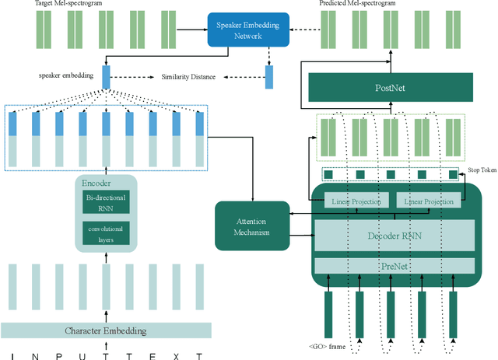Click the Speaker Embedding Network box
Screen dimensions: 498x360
click(248, 30)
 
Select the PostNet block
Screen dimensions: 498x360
click(391, 87)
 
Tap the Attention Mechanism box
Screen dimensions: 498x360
click(252, 226)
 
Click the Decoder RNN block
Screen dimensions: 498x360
click(395, 236)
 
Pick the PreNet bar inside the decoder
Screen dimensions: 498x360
click(395, 266)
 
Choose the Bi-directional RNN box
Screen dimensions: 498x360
click(106, 202)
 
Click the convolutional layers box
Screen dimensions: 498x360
click(106, 233)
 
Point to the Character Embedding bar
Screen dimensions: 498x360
click(106, 330)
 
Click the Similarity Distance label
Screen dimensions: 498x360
click(188, 77)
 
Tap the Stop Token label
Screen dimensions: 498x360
click(482, 170)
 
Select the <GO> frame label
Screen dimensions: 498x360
click(327, 346)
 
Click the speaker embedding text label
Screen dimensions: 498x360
click(66, 75)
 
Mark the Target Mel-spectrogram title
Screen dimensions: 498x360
click(68, 3)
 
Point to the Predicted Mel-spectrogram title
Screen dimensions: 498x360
click(357, 3)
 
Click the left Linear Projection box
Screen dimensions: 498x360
click(356, 201)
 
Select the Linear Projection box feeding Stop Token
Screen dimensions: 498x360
click(429, 201)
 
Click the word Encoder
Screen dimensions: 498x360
click(96, 183)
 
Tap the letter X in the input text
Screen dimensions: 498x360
click(177, 357)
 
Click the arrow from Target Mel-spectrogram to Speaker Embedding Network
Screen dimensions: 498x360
click(192, 30)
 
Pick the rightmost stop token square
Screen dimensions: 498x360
click(453, 175)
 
